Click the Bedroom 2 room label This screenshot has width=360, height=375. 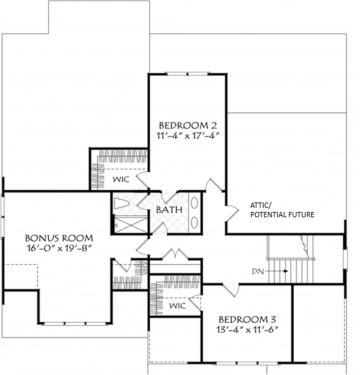tap(188, 126)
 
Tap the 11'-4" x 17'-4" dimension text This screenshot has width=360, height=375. tap(188, 136)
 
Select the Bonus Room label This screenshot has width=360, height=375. tap(59, 238)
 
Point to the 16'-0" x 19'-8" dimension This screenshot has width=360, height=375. tap(59, 249)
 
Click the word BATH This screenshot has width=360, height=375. tap(169, 210)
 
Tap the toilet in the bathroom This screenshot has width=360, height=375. tap(122, 204)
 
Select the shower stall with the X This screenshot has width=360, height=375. tap(130, 225)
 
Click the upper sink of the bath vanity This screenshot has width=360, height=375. tap(194, 203)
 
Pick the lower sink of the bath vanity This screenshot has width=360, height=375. tap(194, 222)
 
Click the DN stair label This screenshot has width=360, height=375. tap(258, 271)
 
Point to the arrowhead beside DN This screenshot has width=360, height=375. tap(286, 271)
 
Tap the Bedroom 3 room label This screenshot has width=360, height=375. tap(248, 320)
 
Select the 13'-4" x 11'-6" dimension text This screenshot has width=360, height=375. tap(248, 330)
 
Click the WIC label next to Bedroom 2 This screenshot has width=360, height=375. tap(121, 179)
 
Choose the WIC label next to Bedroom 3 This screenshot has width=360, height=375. tap(177, 305)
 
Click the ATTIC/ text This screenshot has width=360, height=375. tap(261, 205)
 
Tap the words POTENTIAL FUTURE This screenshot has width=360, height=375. tap(282, 215)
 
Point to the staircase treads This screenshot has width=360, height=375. tap(290, 271)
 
